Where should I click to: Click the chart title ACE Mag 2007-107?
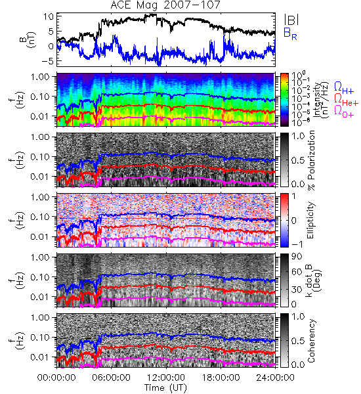point(165,5)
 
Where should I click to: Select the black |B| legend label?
point(291,19)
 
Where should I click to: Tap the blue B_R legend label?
point(290,33)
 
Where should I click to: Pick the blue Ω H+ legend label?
point(344,88)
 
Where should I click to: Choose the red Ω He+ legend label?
point(346,99)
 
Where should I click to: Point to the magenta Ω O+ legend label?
point(344,111)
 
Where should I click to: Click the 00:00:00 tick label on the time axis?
point(56,378)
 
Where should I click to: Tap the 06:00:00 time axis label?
point(112,378)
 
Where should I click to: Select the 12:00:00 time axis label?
point(166,378)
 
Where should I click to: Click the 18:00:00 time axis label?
point(221,378)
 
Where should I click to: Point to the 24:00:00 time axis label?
point(275,378)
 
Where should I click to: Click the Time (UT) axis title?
point(166,387)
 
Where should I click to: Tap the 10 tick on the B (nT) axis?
point(48,16)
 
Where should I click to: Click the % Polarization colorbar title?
point(311,160)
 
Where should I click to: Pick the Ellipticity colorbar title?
point(311,220)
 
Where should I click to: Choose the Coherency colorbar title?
point(311,341)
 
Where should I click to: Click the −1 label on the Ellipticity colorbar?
point(297,244)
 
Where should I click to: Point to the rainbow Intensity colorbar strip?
point(284,100)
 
